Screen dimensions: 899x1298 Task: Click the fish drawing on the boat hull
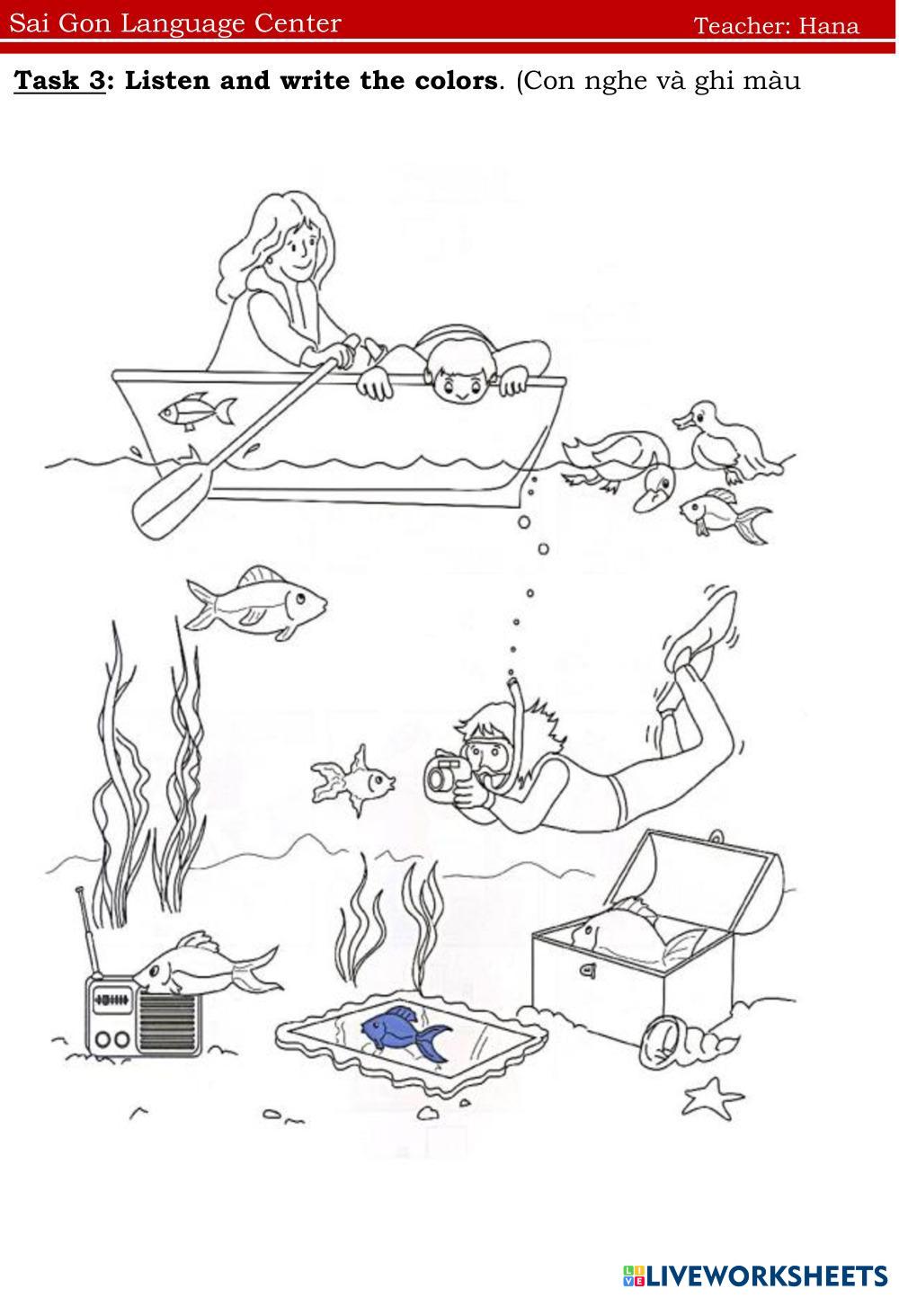click(197, 411)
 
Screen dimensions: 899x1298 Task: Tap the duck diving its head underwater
click(619, 469)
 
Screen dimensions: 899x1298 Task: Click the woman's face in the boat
click(298, 249)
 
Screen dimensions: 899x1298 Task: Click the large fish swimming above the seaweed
click(255, 602)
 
